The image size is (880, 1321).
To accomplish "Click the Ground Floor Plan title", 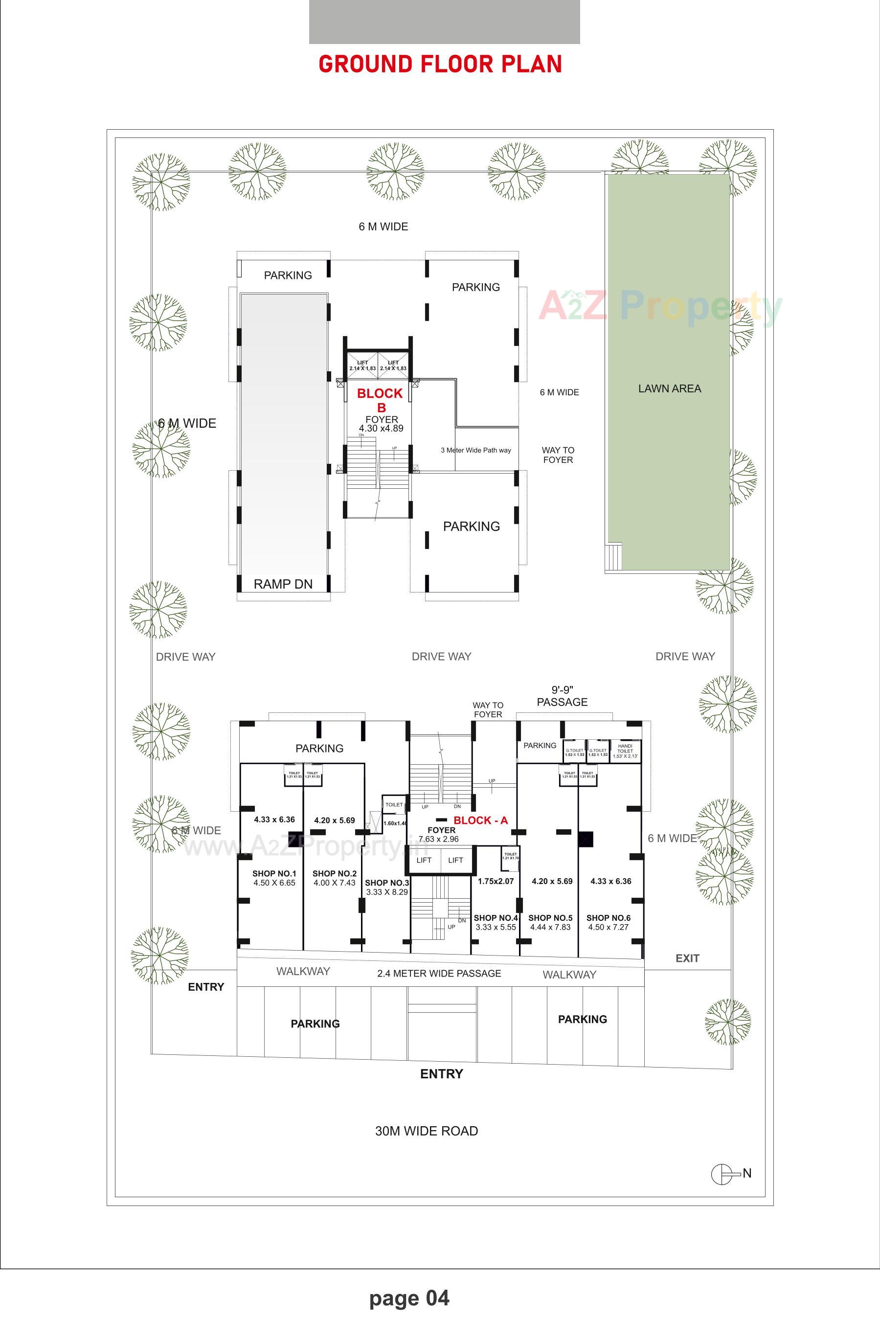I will [x=440, y=65].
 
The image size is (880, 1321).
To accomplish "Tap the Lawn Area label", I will [x=669, y=388].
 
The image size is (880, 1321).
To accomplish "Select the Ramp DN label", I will [x=283, y=584].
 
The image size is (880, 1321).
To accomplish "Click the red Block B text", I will [x=380, y=400].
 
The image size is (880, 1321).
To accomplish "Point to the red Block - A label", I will [x=480, y=820].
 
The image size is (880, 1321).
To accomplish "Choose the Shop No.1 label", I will [x=274, y=873].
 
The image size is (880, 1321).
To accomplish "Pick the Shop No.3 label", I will [x=387, y=883].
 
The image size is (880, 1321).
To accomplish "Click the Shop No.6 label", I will [x=609, y=917].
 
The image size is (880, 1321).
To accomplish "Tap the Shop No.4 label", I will [x=496, y=917].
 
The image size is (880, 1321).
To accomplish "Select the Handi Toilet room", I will [x=625, y=751].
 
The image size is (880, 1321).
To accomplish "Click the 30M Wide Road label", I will [x=427, y=1131].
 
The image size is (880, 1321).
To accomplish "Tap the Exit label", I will [x=687, y=958].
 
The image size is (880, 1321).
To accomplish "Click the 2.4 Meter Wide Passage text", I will [x=439, y=973].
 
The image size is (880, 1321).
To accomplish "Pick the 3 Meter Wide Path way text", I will [x=475, y=450].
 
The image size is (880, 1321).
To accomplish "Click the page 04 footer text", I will [x=409, y=1298].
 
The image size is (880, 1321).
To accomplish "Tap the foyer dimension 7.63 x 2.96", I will [x=438, y=839].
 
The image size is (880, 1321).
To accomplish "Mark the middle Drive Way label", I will [x=441, y=656].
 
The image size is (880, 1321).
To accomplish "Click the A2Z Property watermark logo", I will [x=660, y=307].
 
